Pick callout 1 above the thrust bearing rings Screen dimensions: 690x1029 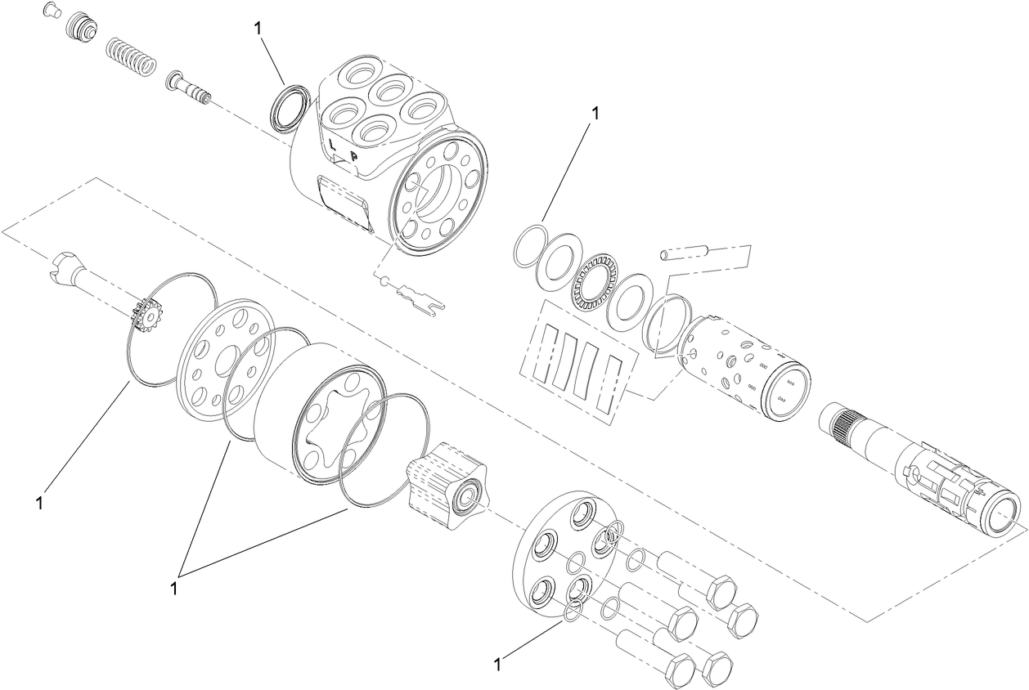[x=595, y=114]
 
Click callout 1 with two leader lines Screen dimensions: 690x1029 [x=174, y=587]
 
